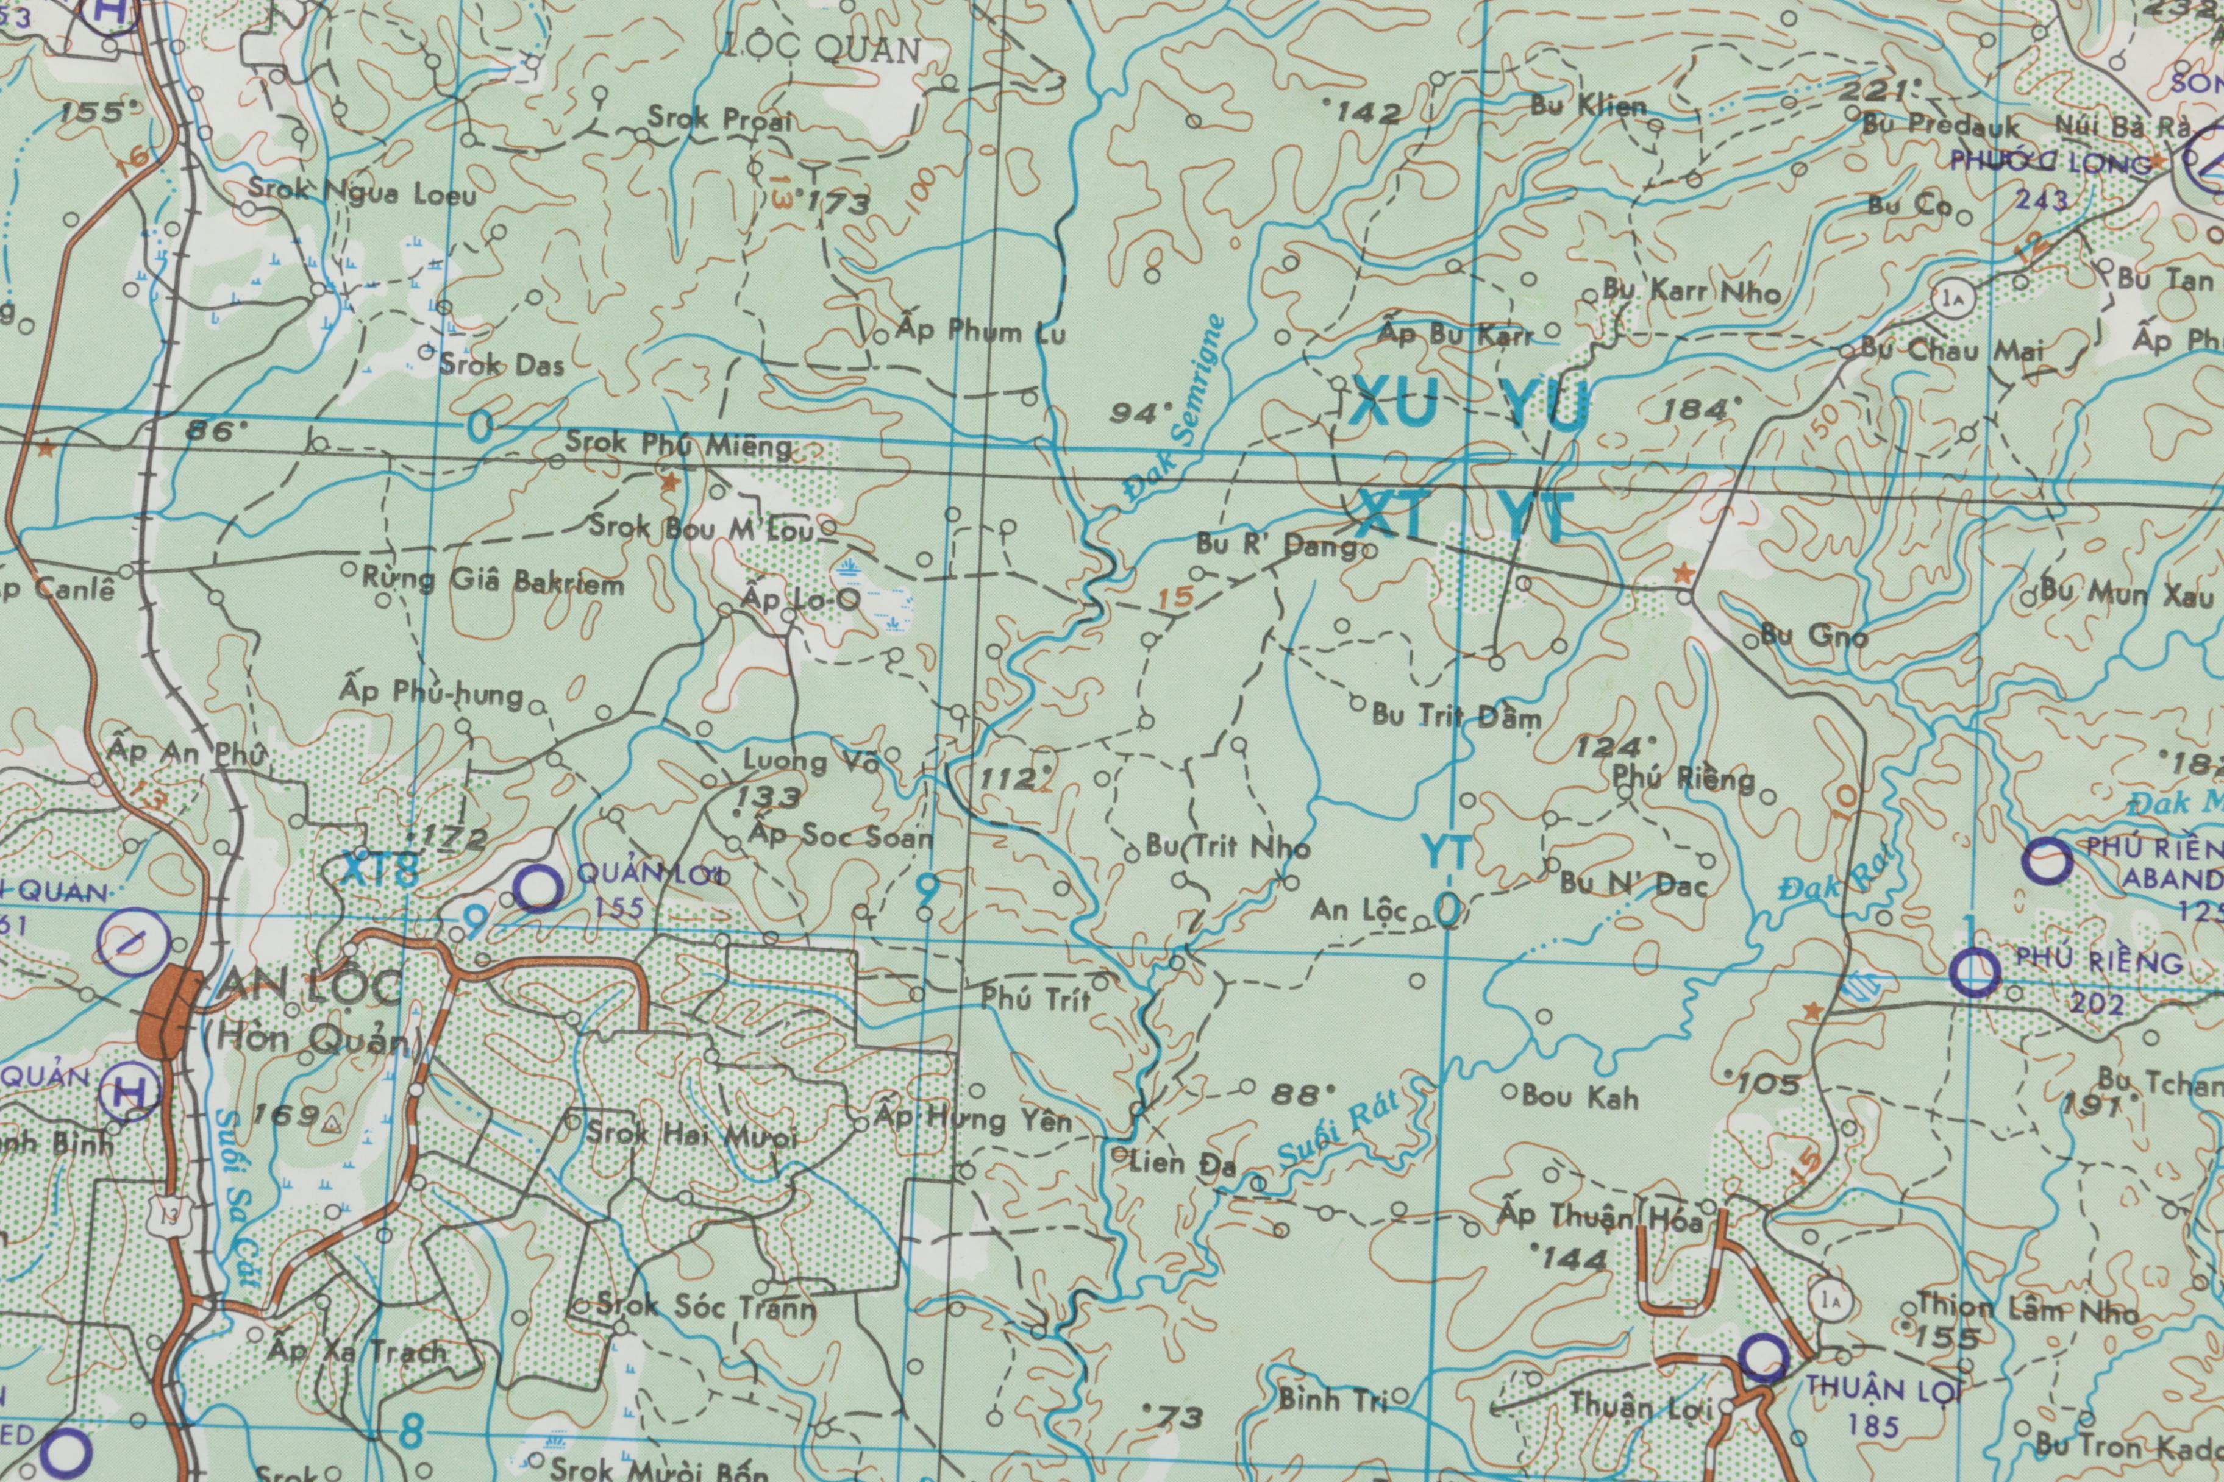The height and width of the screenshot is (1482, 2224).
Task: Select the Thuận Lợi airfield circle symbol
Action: tap(1764, 1359)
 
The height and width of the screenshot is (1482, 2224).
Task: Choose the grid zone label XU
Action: tap(1394, 405)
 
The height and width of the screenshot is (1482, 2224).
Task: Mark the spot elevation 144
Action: tap(1574, 1258)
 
